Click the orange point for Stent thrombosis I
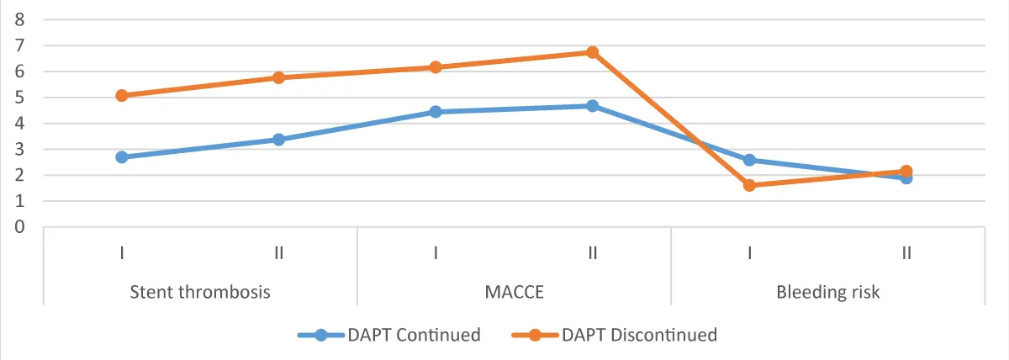[122, 96]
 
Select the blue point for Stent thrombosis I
[122, 157]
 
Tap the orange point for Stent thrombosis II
[278, 77]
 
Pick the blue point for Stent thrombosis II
[278, 140]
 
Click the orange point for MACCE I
[436, 67]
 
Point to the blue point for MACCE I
[436, 112]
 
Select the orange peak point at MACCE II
[592, 52]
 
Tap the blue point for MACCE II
[592, 106]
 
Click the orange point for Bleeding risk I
[749, 185]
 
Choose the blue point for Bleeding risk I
[749, 160]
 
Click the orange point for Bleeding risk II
[906, 172]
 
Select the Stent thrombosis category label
[200, 293]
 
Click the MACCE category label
[514, 293]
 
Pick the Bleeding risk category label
[827, 293]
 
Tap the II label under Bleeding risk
[906, 251]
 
